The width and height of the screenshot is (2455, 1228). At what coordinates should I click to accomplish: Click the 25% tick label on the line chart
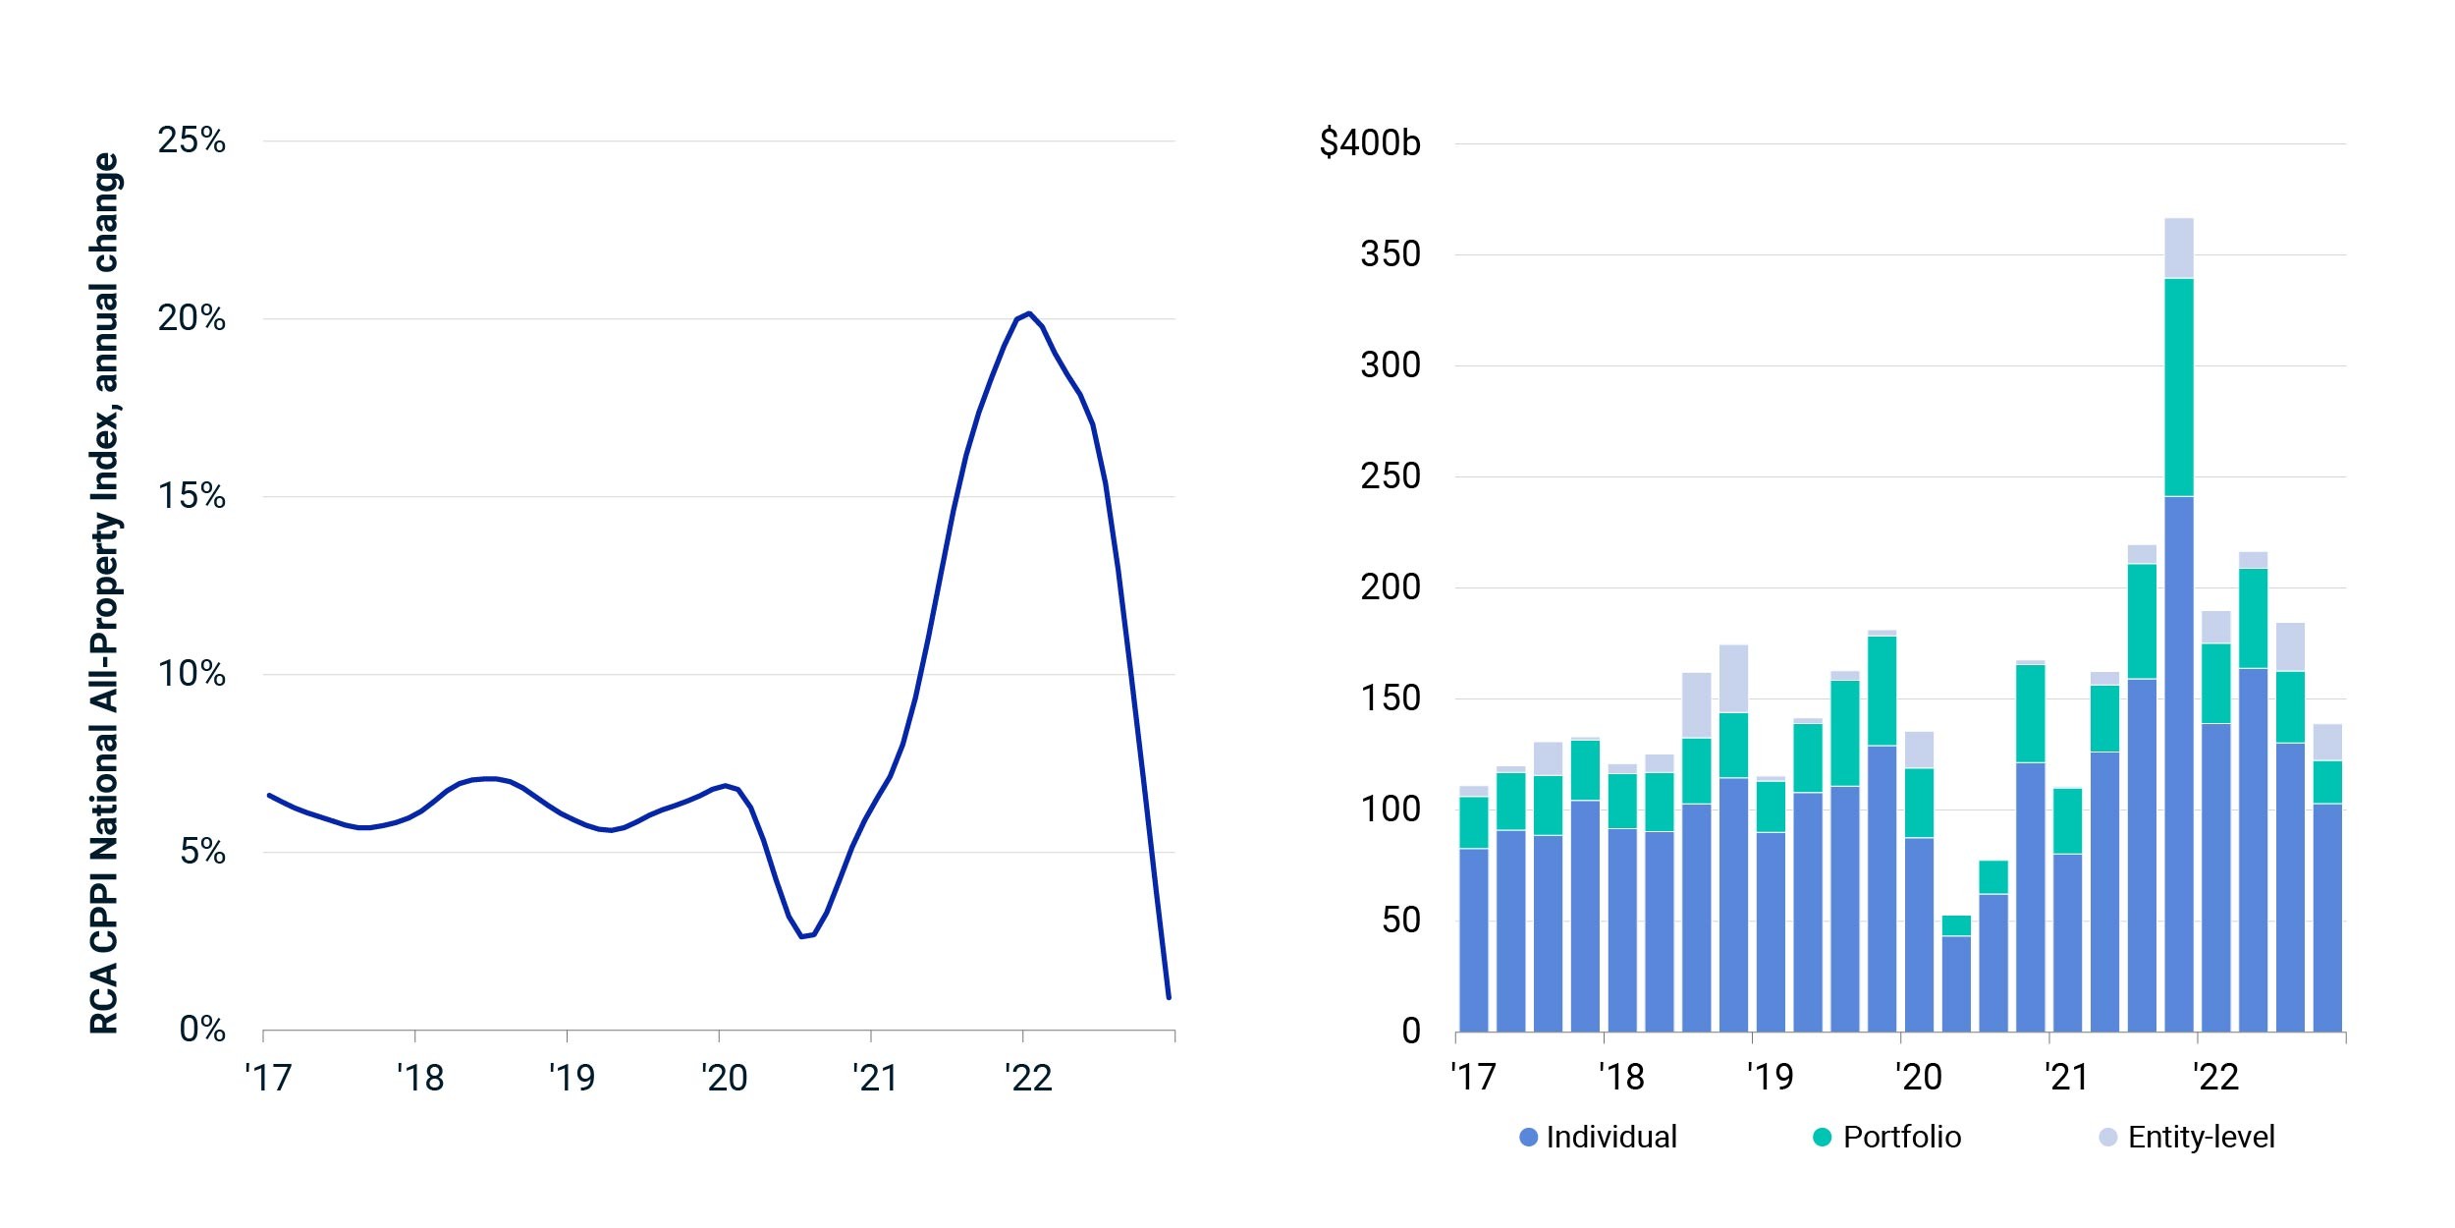191,140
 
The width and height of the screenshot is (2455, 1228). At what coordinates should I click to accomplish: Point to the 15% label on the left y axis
191,496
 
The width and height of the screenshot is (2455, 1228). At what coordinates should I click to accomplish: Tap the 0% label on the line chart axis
202,1029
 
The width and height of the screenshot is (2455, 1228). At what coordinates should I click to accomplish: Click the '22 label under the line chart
1028,1078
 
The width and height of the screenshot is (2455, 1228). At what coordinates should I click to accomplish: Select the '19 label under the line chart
572,1078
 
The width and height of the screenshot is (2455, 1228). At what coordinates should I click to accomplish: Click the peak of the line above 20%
1028,313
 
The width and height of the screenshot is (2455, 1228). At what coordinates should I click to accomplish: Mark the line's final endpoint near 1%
1169,998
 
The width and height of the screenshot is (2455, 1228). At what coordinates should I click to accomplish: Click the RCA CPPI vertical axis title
104,593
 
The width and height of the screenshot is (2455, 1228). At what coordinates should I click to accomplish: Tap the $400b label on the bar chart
1370,143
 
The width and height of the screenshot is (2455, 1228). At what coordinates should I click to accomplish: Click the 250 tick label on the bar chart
1391,476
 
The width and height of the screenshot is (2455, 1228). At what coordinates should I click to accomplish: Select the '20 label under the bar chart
1918,1078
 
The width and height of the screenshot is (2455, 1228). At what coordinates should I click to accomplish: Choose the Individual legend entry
1598,1137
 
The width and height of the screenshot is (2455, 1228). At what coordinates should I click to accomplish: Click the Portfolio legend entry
1886,1137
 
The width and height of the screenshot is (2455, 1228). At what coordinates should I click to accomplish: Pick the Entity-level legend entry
2187,1137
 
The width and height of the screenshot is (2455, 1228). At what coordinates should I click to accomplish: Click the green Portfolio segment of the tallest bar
2178,387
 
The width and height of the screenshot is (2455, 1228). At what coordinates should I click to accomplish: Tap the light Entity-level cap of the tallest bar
2178,249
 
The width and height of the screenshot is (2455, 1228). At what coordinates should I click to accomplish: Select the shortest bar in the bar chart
1956,974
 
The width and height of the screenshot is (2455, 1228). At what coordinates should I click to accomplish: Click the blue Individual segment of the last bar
2327,918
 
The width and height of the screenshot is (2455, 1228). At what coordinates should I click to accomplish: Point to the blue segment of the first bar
1473,940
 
